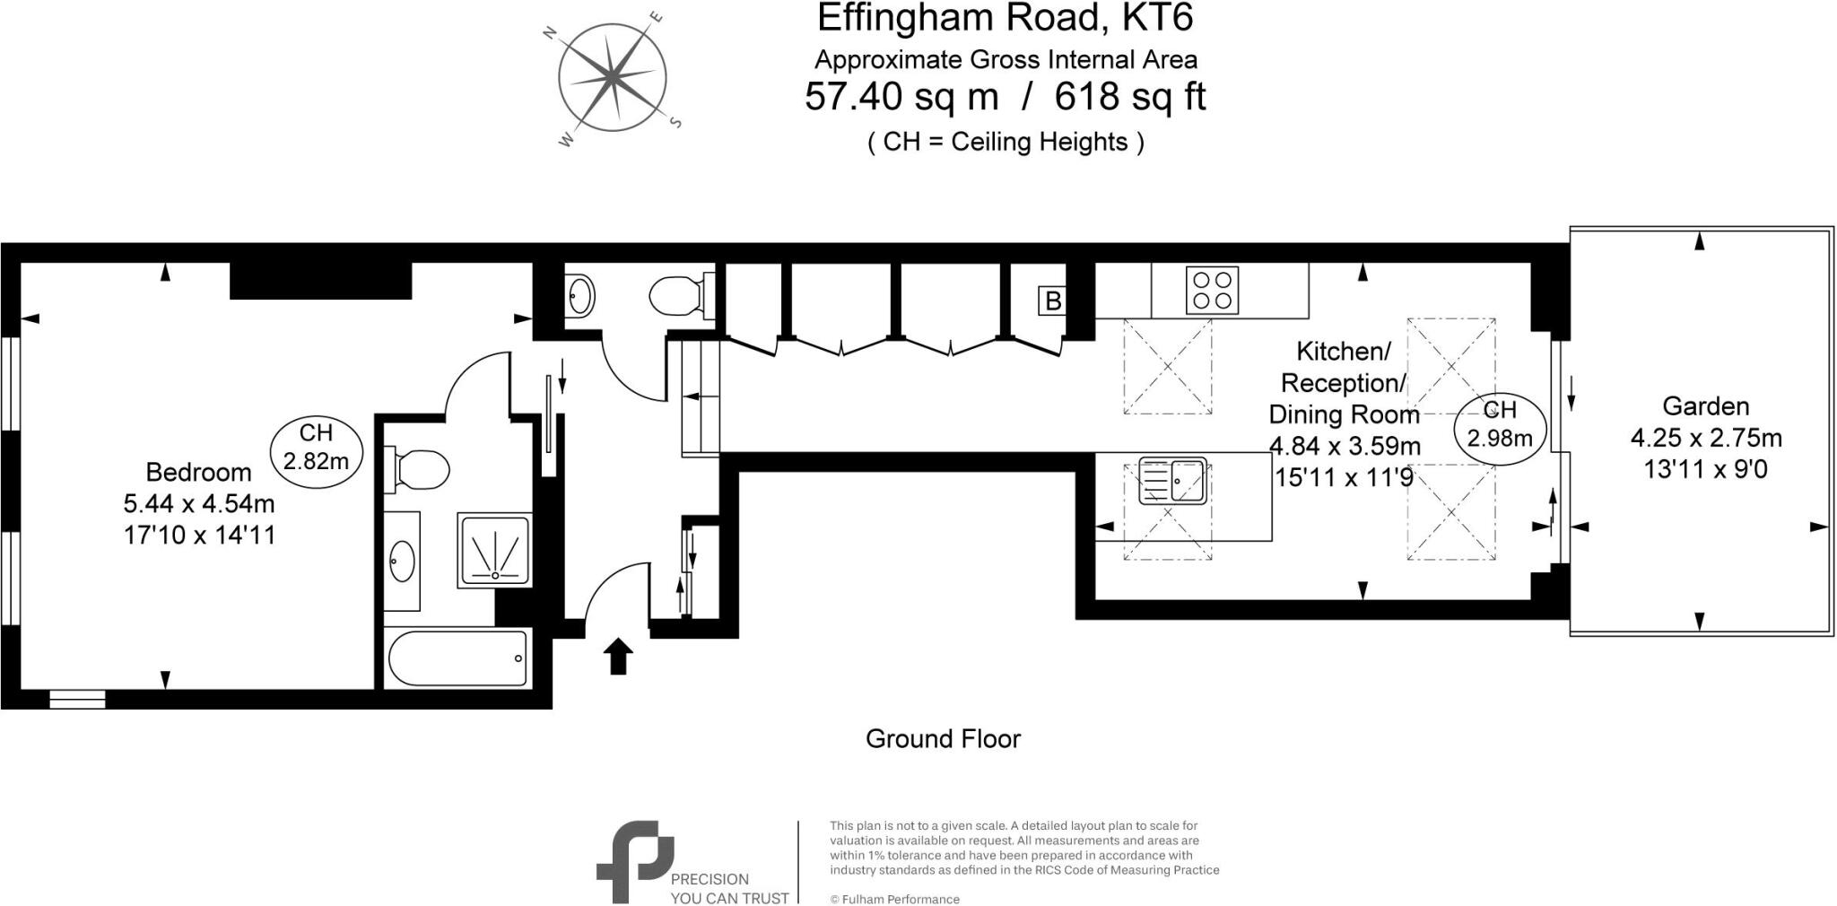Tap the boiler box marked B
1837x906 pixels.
tap(1052, 301)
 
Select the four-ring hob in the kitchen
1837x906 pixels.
tap(1212, 290)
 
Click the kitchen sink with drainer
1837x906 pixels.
tap(1172, 481)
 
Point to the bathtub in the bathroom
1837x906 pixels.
tap(458, 659)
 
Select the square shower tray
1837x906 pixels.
tap(494, 550)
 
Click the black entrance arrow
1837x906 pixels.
tap(618, 656)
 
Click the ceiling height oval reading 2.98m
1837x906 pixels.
tap(1500, 424)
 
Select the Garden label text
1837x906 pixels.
tap(1705, 406)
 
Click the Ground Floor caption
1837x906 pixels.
tap(942, 739)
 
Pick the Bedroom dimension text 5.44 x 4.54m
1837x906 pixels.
tap(199, 503)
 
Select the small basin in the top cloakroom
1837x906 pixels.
tap(580, 295)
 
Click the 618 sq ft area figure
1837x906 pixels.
tap(1129, 97)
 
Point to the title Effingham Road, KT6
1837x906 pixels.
tap(1005, 18)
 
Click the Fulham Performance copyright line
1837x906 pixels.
tap(894, 899)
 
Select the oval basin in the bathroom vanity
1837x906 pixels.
tap(402, 561)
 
